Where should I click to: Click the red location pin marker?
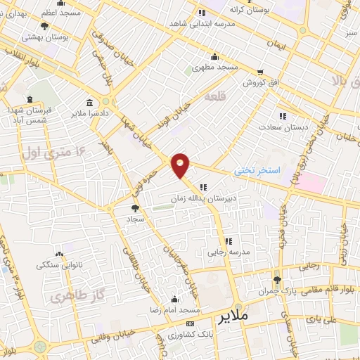click(181, 165)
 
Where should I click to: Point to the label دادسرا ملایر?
click(91, 112)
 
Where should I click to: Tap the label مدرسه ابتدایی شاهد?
click(202, 23)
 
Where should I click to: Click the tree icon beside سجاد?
click(135, 208)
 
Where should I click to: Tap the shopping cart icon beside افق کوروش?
click(260, 72)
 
